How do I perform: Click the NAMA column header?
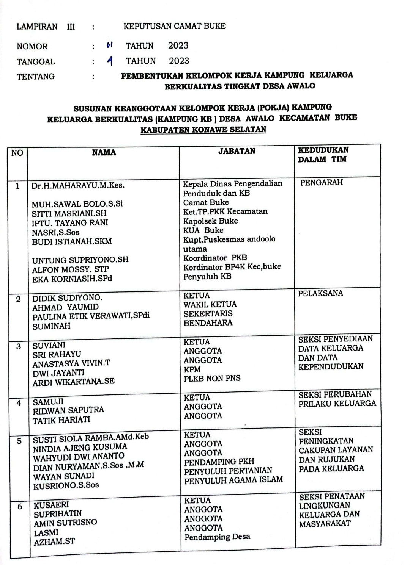(104, 153)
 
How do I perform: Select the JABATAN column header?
(237, 151)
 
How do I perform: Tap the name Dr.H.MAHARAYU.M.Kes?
(78, 185)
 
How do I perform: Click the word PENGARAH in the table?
(321, 183)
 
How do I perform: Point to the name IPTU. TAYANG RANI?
(70, 223)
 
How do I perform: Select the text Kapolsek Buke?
(210, 221)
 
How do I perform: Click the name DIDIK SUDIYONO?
(67, 298)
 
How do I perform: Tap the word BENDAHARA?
(208, 323)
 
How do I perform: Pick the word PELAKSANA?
(320, 293)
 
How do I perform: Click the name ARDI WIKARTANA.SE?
(73, 382)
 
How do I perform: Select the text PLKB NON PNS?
(212, 378)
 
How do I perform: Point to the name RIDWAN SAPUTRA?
(68, 410)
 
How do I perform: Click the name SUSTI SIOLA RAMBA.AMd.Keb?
(91, 438)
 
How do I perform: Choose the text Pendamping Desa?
(217, 537)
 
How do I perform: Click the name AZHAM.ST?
(54, 542)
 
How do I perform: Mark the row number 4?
(19, 403)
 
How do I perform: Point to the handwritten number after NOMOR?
(110, 46)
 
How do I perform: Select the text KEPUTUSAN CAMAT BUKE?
(174, 27)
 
